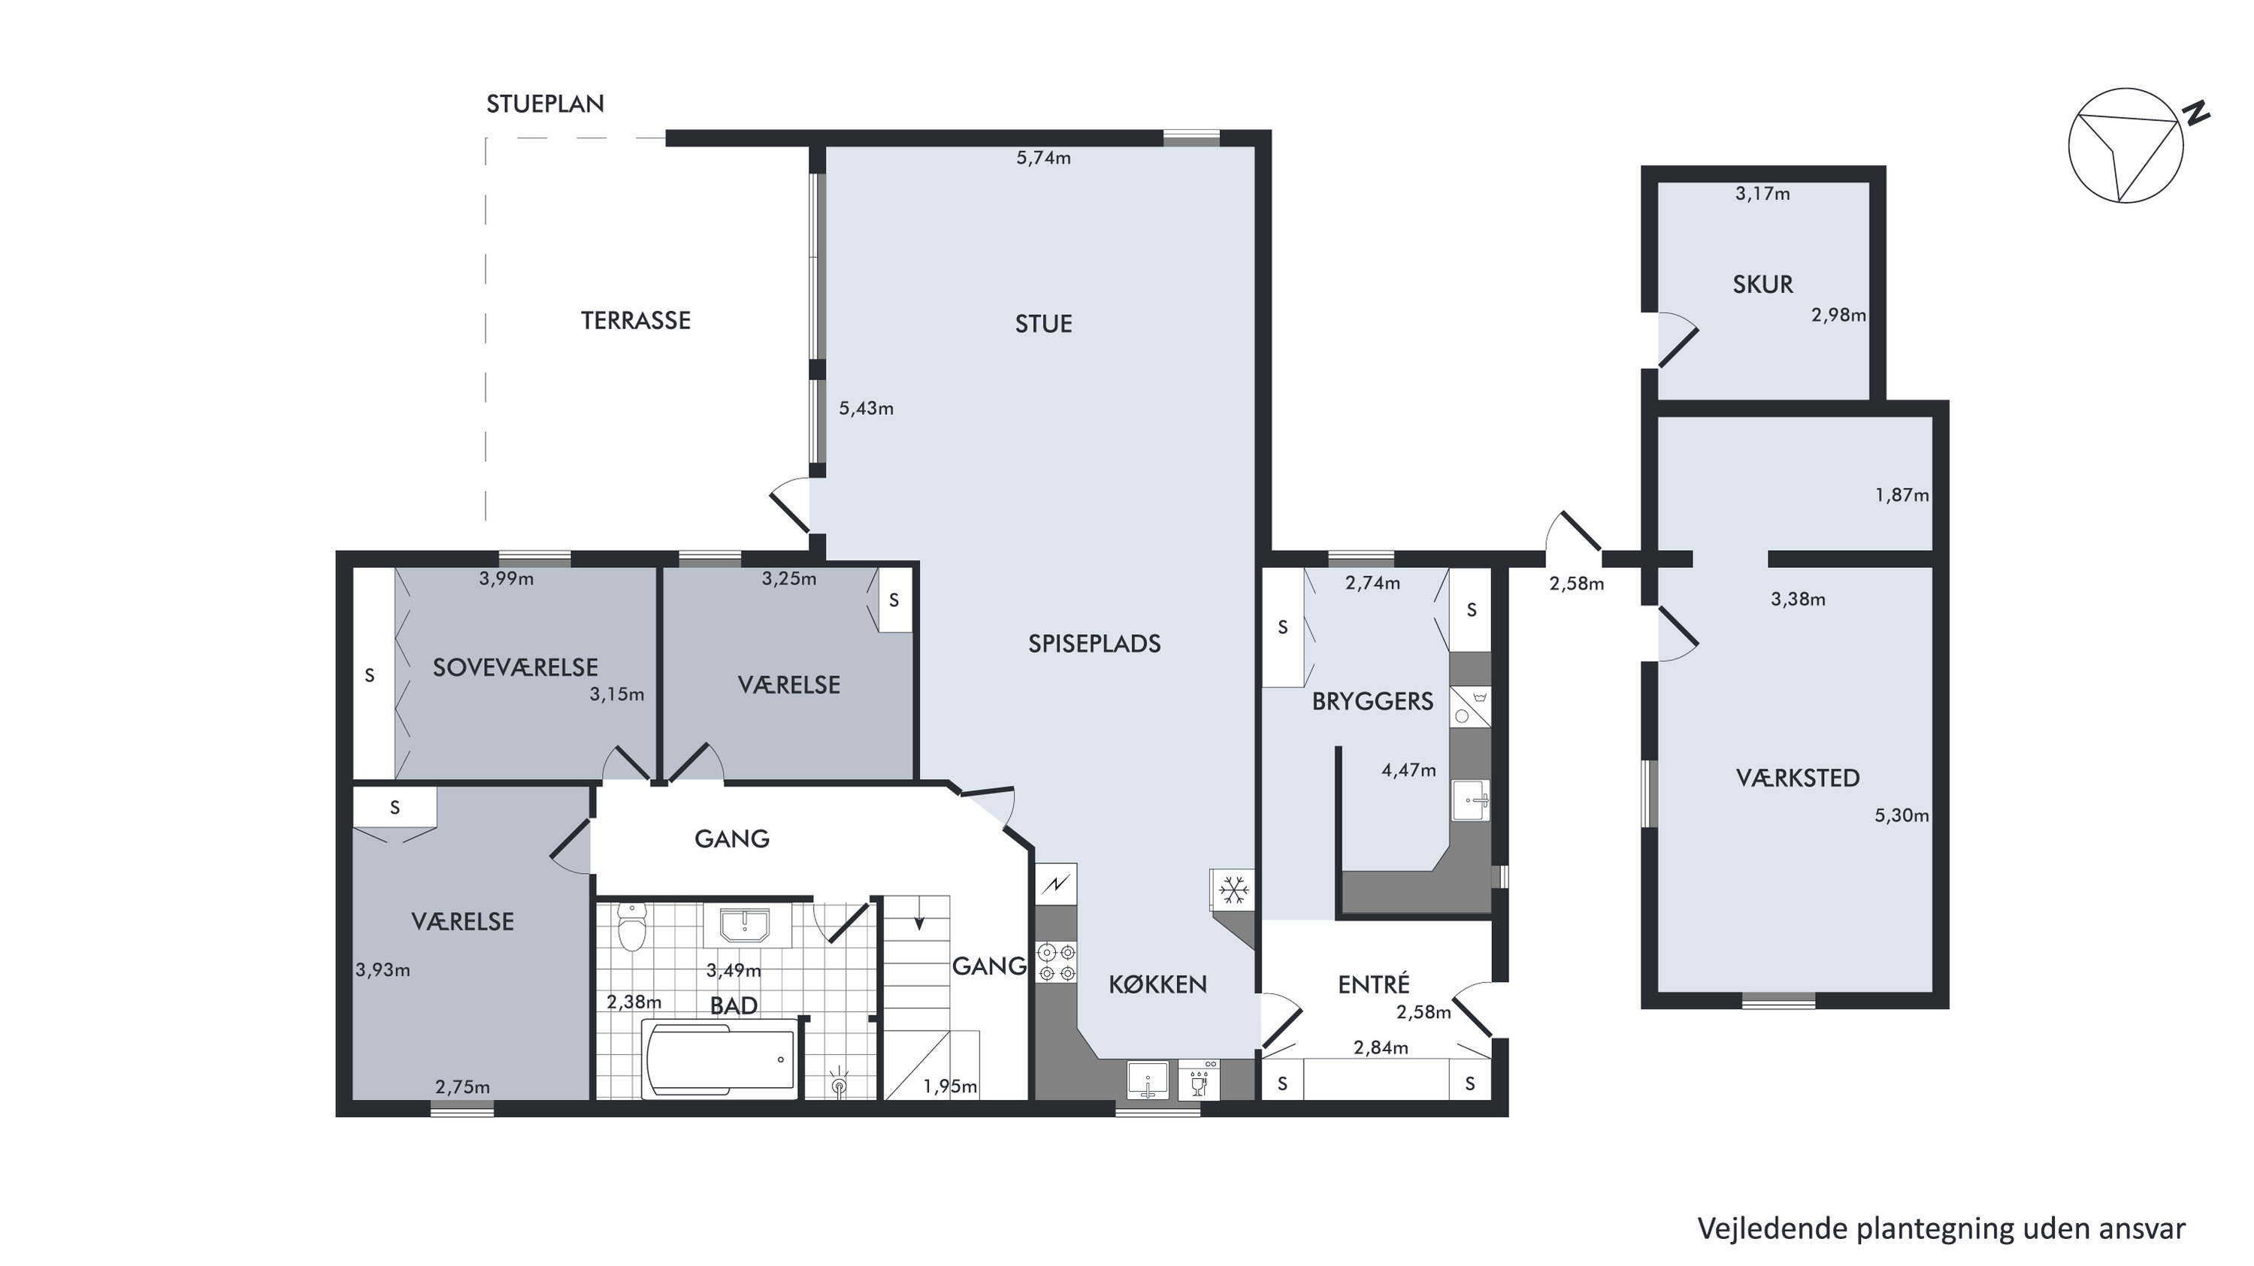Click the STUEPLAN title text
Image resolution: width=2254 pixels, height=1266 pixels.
point(545,104)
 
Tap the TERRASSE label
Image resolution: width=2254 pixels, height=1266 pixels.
point(636,321)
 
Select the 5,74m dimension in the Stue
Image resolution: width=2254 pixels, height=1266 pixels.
point(1043,159)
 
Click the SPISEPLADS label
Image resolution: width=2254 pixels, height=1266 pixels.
point(1094,644)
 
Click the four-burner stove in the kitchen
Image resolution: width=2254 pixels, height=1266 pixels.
point(1056,962)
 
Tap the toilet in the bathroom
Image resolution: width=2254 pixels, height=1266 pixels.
point(631,926)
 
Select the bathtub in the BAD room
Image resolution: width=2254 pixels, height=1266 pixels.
point(720,1059)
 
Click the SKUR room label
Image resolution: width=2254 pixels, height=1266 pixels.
point(1763,284)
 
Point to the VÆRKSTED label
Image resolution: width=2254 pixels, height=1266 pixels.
point(1798,778)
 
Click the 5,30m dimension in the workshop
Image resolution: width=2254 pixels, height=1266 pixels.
point(1902,816)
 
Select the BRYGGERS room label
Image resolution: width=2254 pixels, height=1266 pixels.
point(1373,702)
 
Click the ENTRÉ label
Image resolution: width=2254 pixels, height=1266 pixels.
point(1374,984)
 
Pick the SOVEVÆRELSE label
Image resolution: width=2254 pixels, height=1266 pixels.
point(516,667)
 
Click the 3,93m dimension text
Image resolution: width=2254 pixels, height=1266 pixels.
point(383,970)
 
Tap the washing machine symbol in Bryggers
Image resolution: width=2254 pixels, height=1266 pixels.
point(1470,707)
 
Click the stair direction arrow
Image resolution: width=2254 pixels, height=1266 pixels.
point(918,922)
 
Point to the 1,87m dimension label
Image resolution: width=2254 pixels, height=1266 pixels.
point(1902,496)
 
